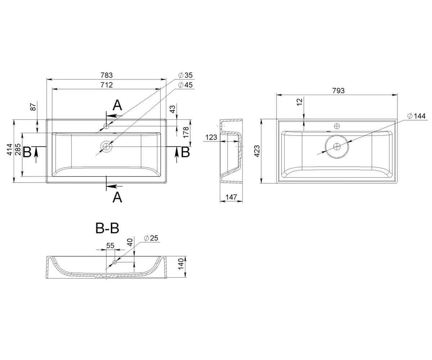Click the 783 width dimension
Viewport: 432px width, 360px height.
point(107,75)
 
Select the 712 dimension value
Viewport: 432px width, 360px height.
point(107,85)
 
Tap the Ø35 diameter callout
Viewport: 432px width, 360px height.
point(186,75)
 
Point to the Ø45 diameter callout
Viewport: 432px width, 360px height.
point(186,85)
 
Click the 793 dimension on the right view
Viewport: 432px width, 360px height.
point(338,91)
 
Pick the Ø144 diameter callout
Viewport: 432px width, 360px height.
point(416,116)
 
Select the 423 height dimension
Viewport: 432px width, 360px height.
point(257,151)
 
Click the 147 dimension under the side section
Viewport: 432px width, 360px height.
point(231,197)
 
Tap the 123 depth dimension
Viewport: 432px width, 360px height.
point(211,137)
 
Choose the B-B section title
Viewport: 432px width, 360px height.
point(107,228)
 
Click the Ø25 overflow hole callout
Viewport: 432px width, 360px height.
point(151,238)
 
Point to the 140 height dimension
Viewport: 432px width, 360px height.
point(181,264)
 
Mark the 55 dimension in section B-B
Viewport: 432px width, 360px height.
point(110,246)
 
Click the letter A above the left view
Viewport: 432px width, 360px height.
point(117,105)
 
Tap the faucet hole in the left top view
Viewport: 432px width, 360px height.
point(106,126)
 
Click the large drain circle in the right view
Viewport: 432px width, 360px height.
point(337,147)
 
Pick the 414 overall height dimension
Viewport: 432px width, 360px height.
point(9,150)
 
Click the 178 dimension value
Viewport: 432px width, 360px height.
point(186,132)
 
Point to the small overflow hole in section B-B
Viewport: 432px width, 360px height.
point(115,262)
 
